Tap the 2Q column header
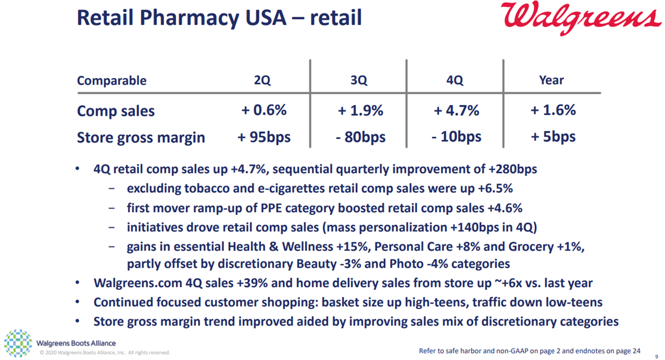pyautogui.click(x=262, y=80)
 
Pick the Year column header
pyautogui.click(x=551, y=80)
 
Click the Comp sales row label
pyautogui.click(x=116, y=111)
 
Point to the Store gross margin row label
pyautogui.click(x=141, y=137)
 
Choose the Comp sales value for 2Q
pyautogui.click(x=264, y=110)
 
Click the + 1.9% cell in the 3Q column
pyautogui.click(x=360, y=110)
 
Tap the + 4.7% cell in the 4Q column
pyautogui.click(x=456, y=110)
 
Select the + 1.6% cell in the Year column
pyautogui.click(x=553, y=110)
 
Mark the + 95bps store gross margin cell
pyautogui.click(x=264, y=137)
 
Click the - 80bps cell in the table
pyautogui.click(x=360, y=137)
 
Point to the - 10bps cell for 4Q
pyautogui.click(x=456, y=137)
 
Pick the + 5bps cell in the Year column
pyautogui.click(x=553, y=137)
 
